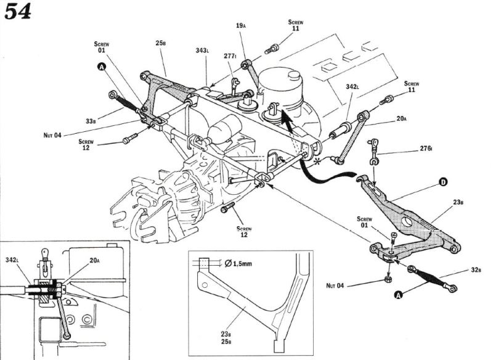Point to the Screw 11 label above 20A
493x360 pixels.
click(411, 86)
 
